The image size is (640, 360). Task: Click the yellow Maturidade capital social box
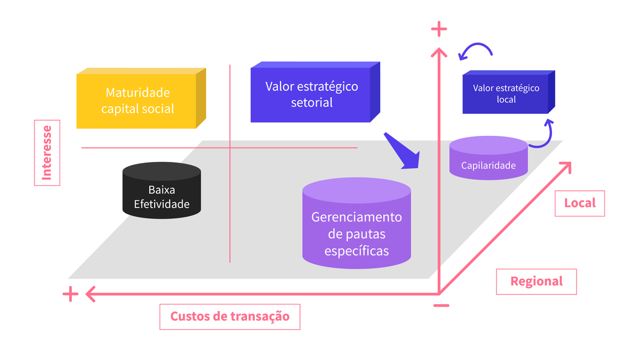coord(137,101)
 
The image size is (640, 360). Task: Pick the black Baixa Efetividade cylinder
coord(161,193)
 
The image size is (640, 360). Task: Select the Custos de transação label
coord(230,316)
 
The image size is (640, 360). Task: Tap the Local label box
coord(579,203)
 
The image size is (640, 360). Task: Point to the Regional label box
coord(536,282)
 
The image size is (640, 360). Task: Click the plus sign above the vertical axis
coord(440,28)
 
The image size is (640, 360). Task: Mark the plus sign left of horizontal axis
coord(70,294)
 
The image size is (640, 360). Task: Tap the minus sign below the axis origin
coord(441,305)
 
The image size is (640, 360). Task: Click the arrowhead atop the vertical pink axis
coord(440,52)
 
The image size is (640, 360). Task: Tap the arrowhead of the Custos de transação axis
coord(89,293)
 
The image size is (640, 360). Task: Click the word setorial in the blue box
coord(312,102)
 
